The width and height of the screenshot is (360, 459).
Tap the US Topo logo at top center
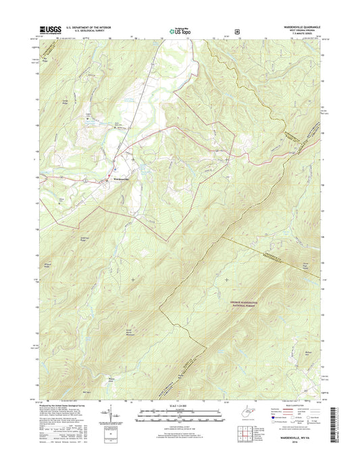pos(179,30)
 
